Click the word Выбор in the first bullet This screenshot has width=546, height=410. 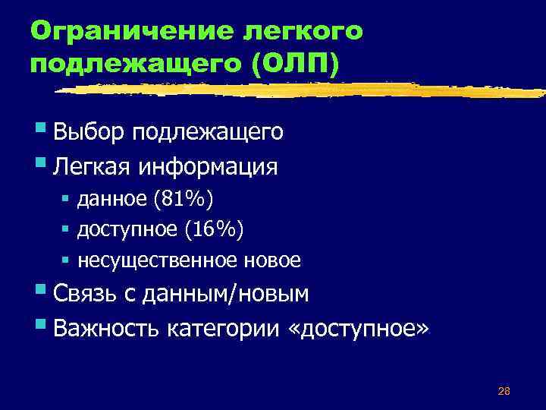80,133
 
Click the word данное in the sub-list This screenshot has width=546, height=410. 111,200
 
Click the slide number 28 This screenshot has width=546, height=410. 504,391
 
